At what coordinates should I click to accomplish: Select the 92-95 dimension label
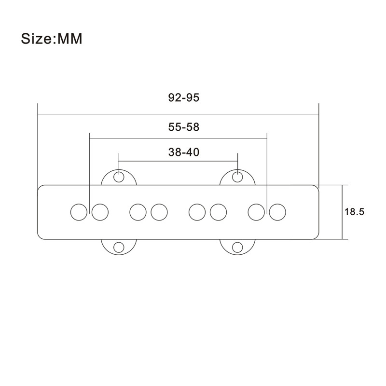[x=184, y=97]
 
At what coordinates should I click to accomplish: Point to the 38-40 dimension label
[x=184, y=152]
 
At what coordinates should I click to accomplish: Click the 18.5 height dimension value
[x=354, y=211]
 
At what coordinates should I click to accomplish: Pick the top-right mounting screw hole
[x=237, y=177]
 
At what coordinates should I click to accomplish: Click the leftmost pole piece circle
[x=78, y=212]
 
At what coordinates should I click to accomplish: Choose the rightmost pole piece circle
[x=277, y=212]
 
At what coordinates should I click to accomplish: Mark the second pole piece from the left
[x=100, y=212]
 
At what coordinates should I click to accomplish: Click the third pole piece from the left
[x=138, y=212]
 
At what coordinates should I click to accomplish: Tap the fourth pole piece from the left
[x=159, y=212]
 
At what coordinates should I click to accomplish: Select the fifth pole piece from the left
[x=196, y=212]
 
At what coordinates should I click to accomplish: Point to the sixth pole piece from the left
[x=218, y=212]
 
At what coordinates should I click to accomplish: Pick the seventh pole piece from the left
[x=256, y=212]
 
